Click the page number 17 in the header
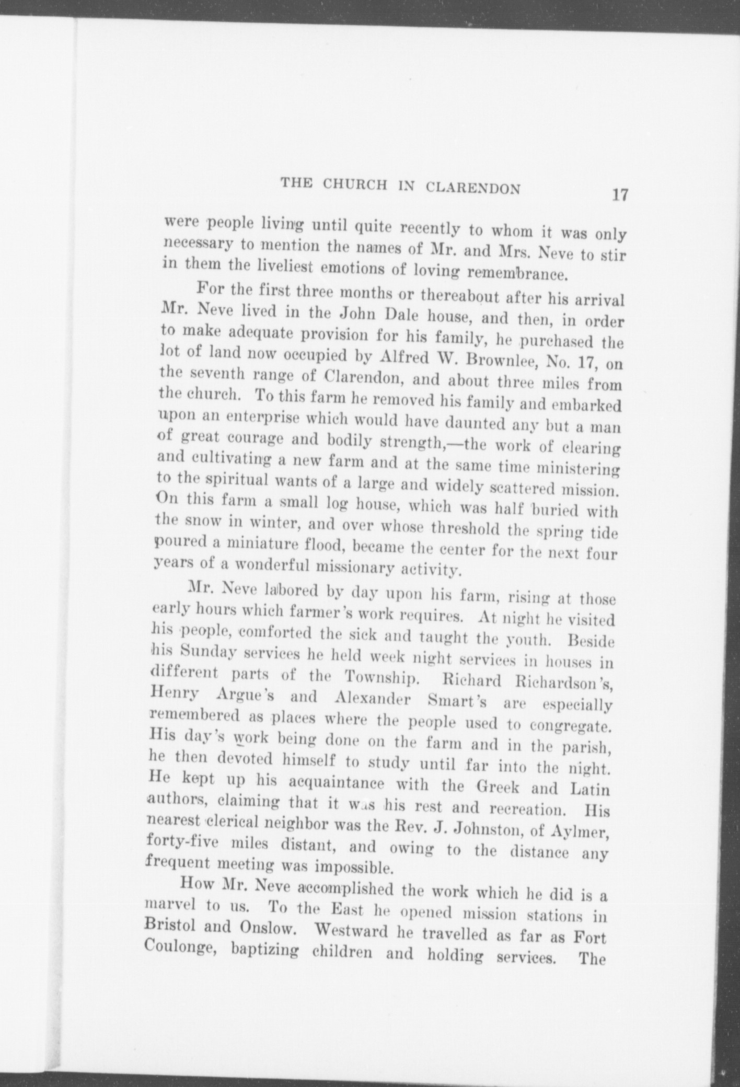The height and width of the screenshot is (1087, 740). point(620,195)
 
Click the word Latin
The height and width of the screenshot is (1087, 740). point(589,789)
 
